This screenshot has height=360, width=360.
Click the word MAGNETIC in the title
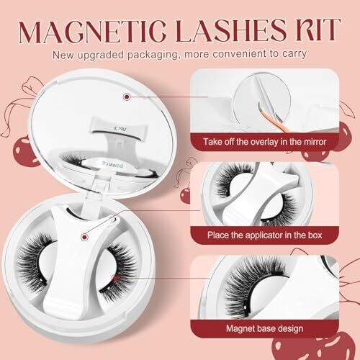pyautogui.click(x=92, y=30)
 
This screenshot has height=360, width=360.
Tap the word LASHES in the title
pyautogui.click(x=231, y=30)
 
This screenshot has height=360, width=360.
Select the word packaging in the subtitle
pyautogui.click(x=153, y=55)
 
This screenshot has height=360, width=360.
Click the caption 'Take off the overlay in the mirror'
pyautogui.click(x=264, y=142)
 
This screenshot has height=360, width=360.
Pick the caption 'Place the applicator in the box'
pyautogui.click(x=264, y=235)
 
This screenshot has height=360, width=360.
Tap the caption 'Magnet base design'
pyautogui.click(x=264, y=328)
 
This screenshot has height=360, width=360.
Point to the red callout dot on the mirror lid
pyautogui.click(x=127, y=96)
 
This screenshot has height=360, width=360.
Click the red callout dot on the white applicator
pyautogui.click(x=84, y=237)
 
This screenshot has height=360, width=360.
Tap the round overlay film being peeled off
pyautogui.click(x=262, y=99)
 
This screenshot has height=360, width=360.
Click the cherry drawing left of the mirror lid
pyautogui.click(x=23, y=149)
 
